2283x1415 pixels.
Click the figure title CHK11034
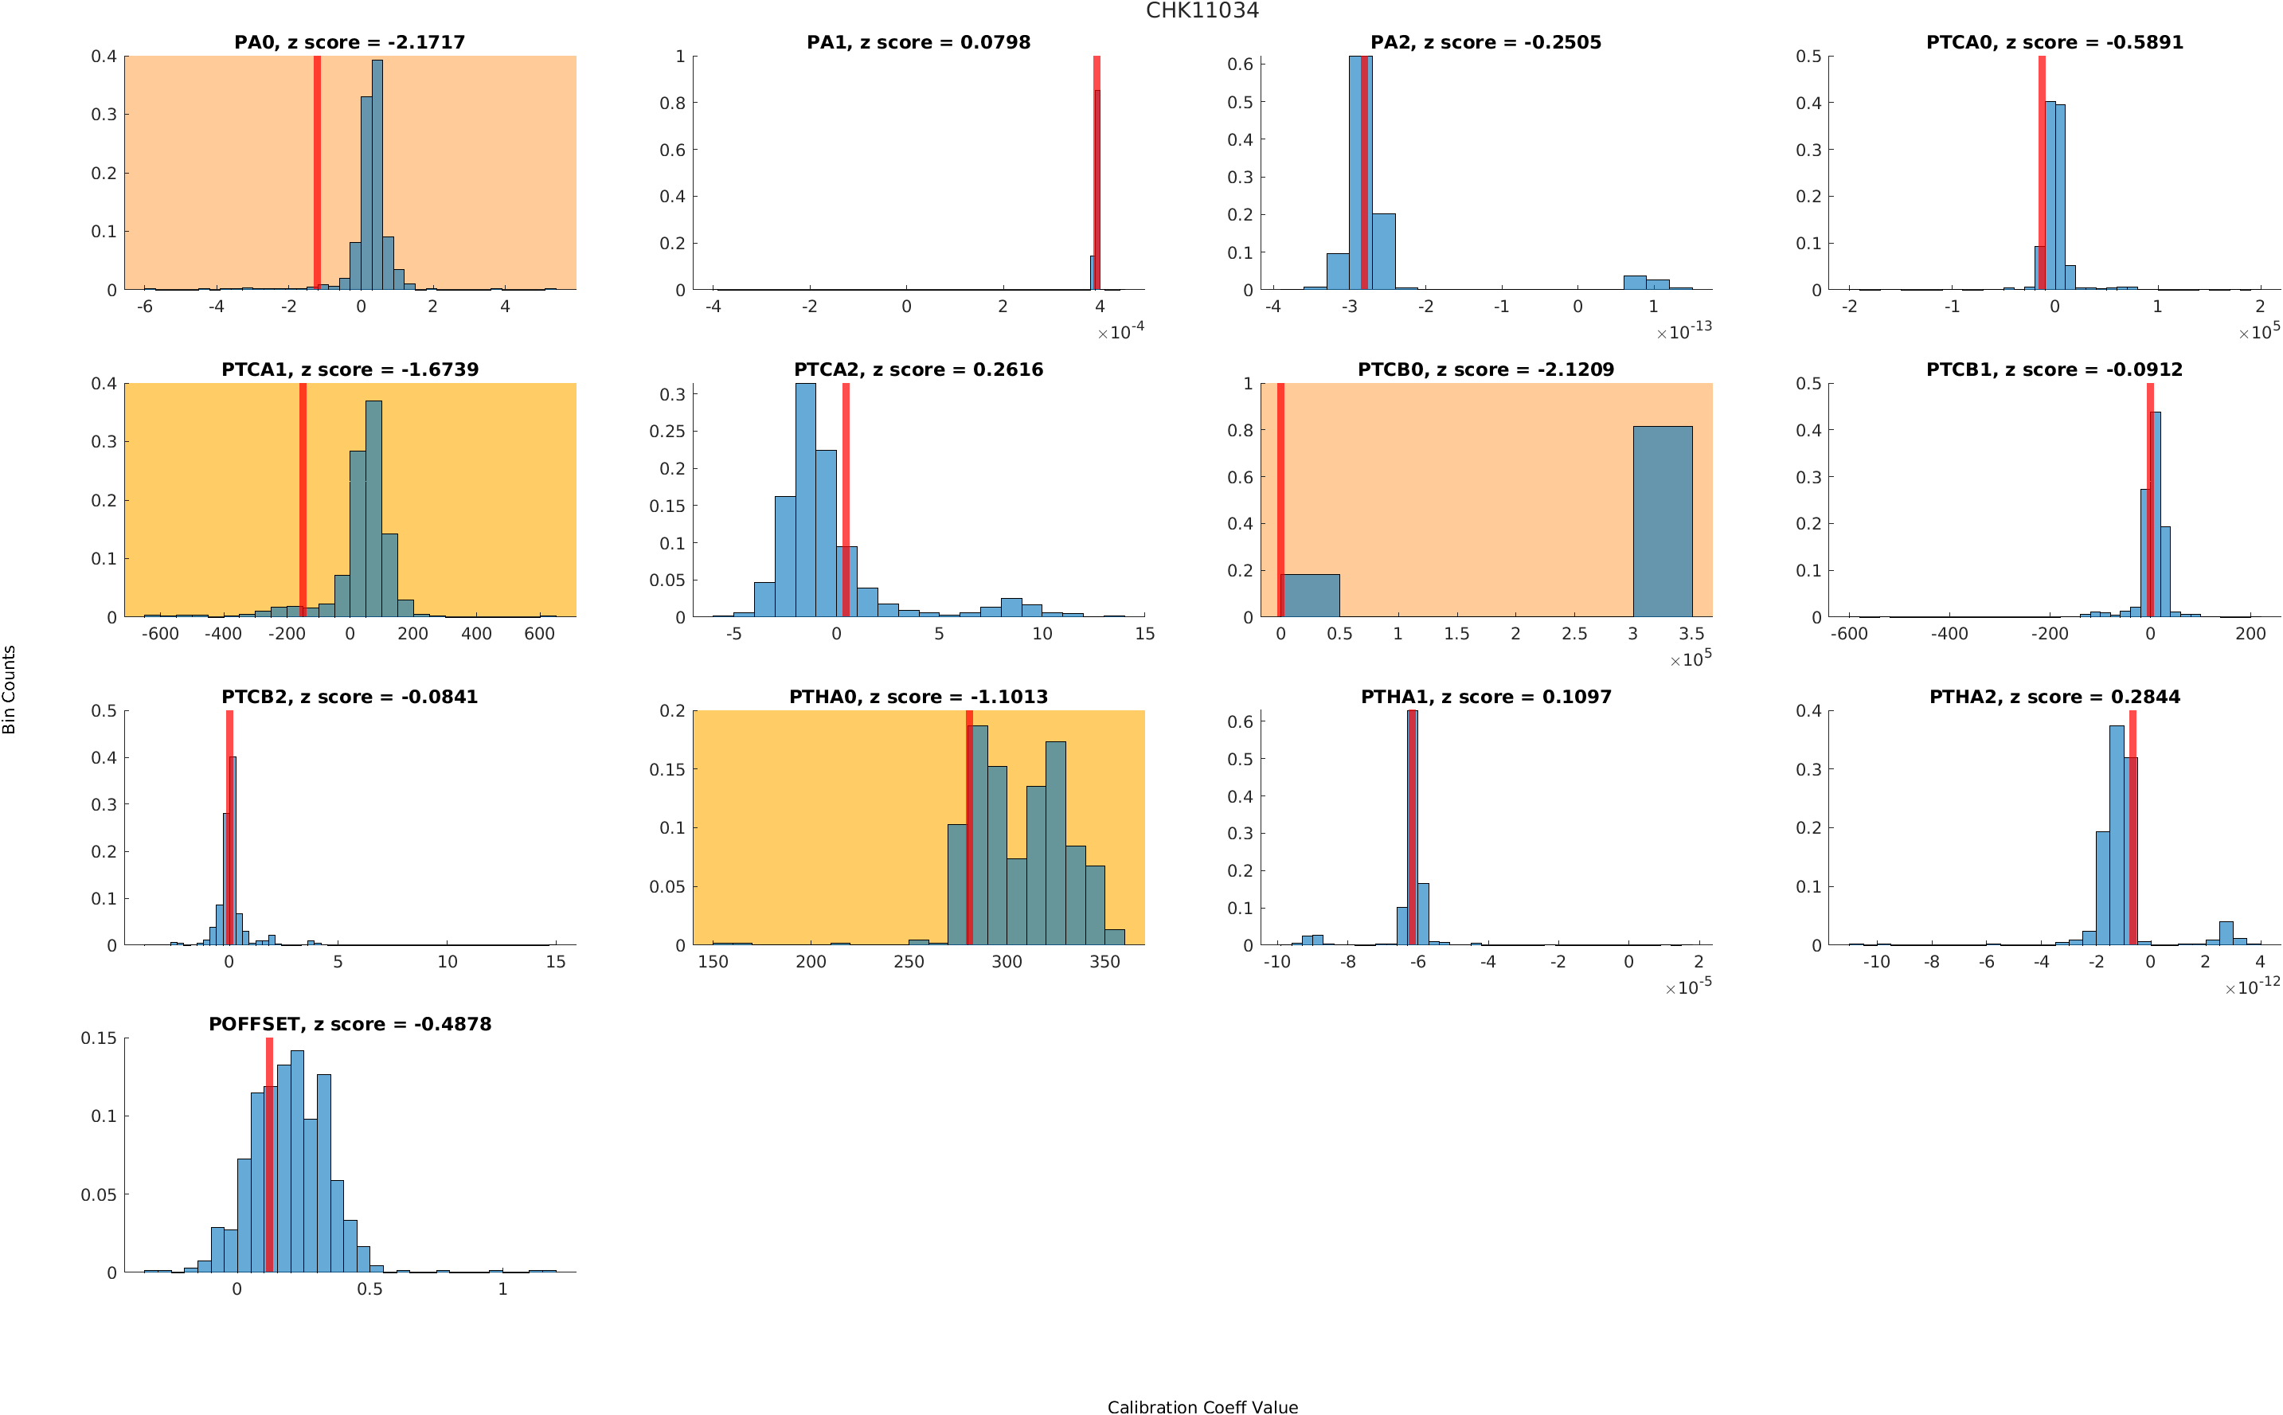[1202, 10]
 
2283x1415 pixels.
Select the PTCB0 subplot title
[1485, 369]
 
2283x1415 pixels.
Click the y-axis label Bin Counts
[10, 690]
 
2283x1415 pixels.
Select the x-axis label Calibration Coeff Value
[1202, 1405]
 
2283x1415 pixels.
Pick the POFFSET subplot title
[349, 1024]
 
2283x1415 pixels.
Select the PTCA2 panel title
[918, 369]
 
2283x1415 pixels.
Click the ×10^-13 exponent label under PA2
[1683, 331]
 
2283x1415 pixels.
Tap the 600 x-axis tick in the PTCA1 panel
[539, 634]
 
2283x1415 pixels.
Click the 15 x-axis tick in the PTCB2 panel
[556, 962]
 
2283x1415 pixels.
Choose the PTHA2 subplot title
[2054, 698]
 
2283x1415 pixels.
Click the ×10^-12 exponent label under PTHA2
[2251, 987]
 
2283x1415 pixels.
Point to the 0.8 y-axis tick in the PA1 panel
[673, 103]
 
